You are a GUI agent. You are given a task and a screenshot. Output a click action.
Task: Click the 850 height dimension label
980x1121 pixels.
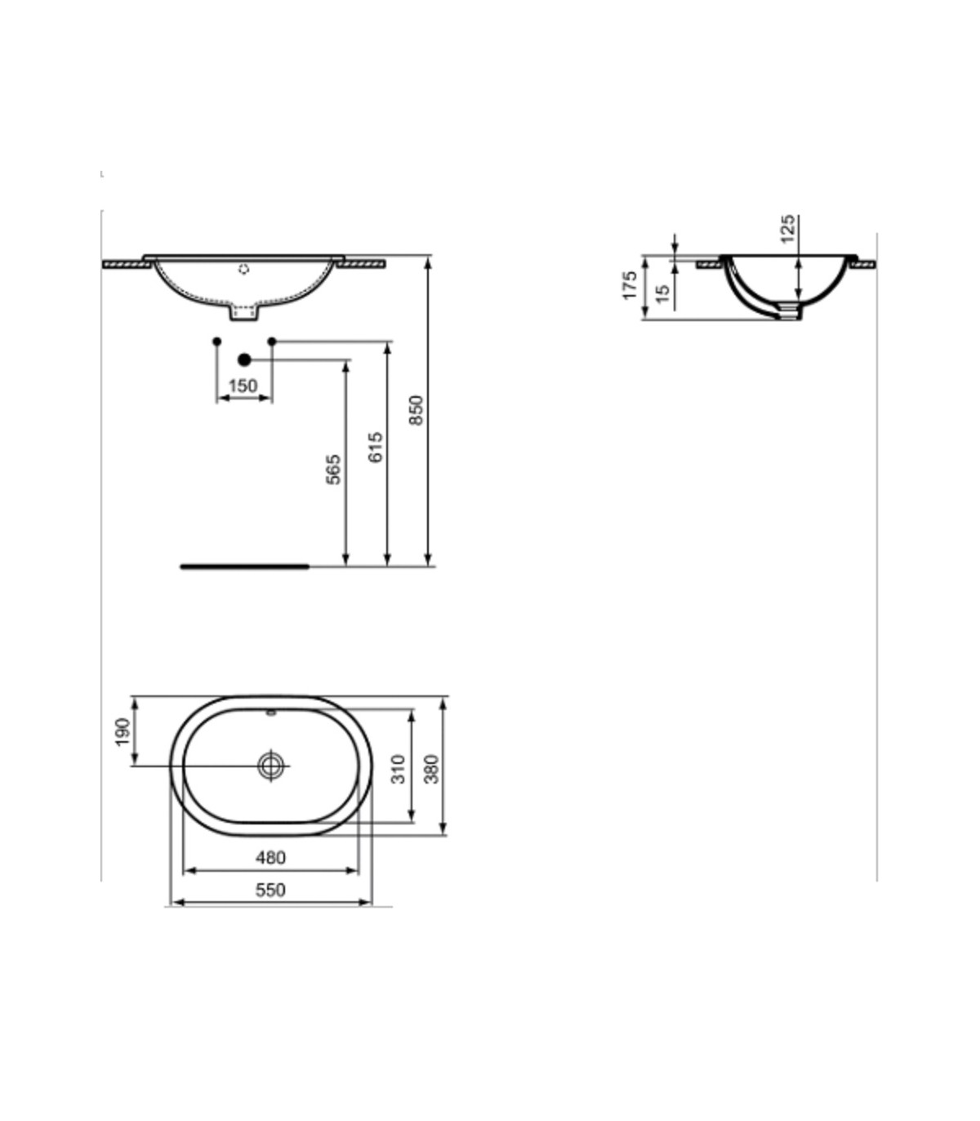[416, 410]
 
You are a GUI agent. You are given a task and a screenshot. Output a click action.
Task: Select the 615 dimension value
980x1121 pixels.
[376, 447]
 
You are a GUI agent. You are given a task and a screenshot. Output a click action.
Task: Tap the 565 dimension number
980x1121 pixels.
[333, 469]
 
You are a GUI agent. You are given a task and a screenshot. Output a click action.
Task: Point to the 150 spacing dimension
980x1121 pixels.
[243, 386]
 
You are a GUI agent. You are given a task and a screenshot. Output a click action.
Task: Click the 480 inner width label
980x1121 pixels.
[270, 857]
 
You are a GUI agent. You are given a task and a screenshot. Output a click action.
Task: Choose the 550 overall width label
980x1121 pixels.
[270, 890]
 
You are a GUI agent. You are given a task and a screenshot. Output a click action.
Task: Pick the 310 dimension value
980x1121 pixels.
[399, 769]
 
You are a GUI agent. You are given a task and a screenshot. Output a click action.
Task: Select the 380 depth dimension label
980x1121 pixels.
[431, 769]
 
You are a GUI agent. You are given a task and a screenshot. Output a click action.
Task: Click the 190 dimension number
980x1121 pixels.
[122, 731]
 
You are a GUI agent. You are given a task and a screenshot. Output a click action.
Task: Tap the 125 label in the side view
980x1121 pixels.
[787, 229]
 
